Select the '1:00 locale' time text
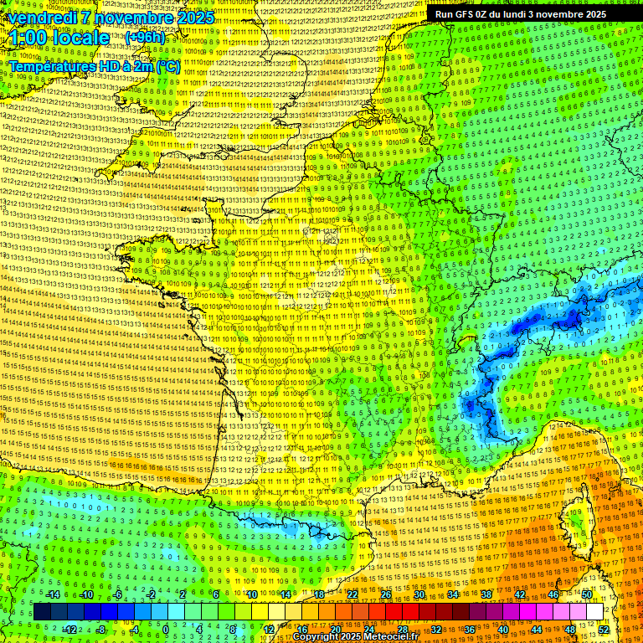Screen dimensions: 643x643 click(x=59, y=39)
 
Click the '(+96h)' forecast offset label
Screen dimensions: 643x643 click(x=146, y=38)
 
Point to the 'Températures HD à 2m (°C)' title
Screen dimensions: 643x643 click(x=94, y=65)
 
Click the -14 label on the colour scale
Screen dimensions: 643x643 click(x=54, y=594)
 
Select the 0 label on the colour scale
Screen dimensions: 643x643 click(x=166, y=630)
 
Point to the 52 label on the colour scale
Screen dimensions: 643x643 click(x=603, y=630)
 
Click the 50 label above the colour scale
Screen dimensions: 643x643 click(x=587, y=594)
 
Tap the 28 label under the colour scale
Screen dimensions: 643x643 click(x=402, y=630)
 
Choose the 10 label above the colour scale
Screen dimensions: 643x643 click(x=251, y=594)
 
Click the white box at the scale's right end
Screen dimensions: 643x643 click(x=594, y=612)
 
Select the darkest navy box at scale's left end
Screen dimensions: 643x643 click(x=42, y=612)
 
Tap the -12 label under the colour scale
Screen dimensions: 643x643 click(x=70, y=630)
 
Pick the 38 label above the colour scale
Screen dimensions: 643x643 click(x=486, y=594)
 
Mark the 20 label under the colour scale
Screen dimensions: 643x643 click(x=335, y=630)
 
